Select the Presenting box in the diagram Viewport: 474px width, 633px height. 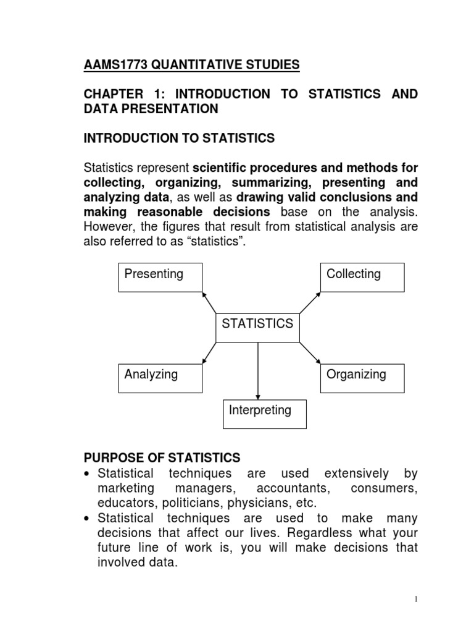click(160, 276)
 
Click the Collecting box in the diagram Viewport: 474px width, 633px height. click(362, 276)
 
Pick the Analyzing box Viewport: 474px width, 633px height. click(160, 378)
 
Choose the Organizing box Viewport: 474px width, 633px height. click(362, 378)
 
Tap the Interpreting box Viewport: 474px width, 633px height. click(265, 413)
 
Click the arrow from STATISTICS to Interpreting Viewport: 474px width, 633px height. click(258, 371)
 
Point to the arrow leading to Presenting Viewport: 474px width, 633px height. click(209, 302)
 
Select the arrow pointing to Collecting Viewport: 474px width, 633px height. click(309, 302)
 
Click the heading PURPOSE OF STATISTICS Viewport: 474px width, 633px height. click(162, 458)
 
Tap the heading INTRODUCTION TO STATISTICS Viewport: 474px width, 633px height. click(179, 138)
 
